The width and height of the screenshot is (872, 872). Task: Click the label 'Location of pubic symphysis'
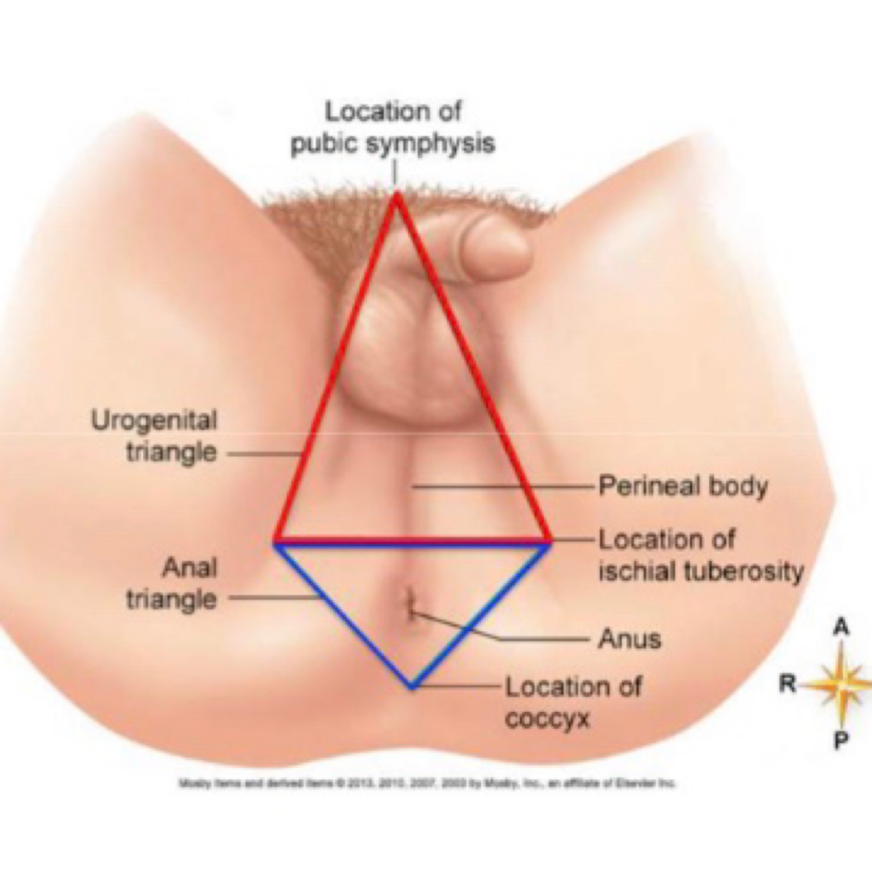coord(392,128)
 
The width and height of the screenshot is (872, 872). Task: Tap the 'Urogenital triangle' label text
coord(154,435)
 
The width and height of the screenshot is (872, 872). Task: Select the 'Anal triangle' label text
coord(171,583)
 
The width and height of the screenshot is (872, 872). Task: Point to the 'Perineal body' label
coord(682,486)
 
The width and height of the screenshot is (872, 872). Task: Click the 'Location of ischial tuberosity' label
coord(700,556)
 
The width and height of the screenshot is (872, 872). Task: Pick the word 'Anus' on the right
coord(629,638)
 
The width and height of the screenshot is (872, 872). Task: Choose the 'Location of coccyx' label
coord(573,702)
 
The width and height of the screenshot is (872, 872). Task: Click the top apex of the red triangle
coord(395,195)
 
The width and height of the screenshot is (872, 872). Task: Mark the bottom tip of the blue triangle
coord(411,686)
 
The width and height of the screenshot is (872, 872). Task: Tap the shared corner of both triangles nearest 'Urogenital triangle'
coord(277,542)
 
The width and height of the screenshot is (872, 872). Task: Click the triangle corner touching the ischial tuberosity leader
coord(549,541)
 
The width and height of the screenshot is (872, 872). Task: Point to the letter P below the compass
coord(841,741)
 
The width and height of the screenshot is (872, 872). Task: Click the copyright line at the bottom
coord(428,782)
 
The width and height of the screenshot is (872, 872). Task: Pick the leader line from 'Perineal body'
coord(503,486)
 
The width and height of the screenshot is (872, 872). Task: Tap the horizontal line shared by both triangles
coord(412,542)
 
